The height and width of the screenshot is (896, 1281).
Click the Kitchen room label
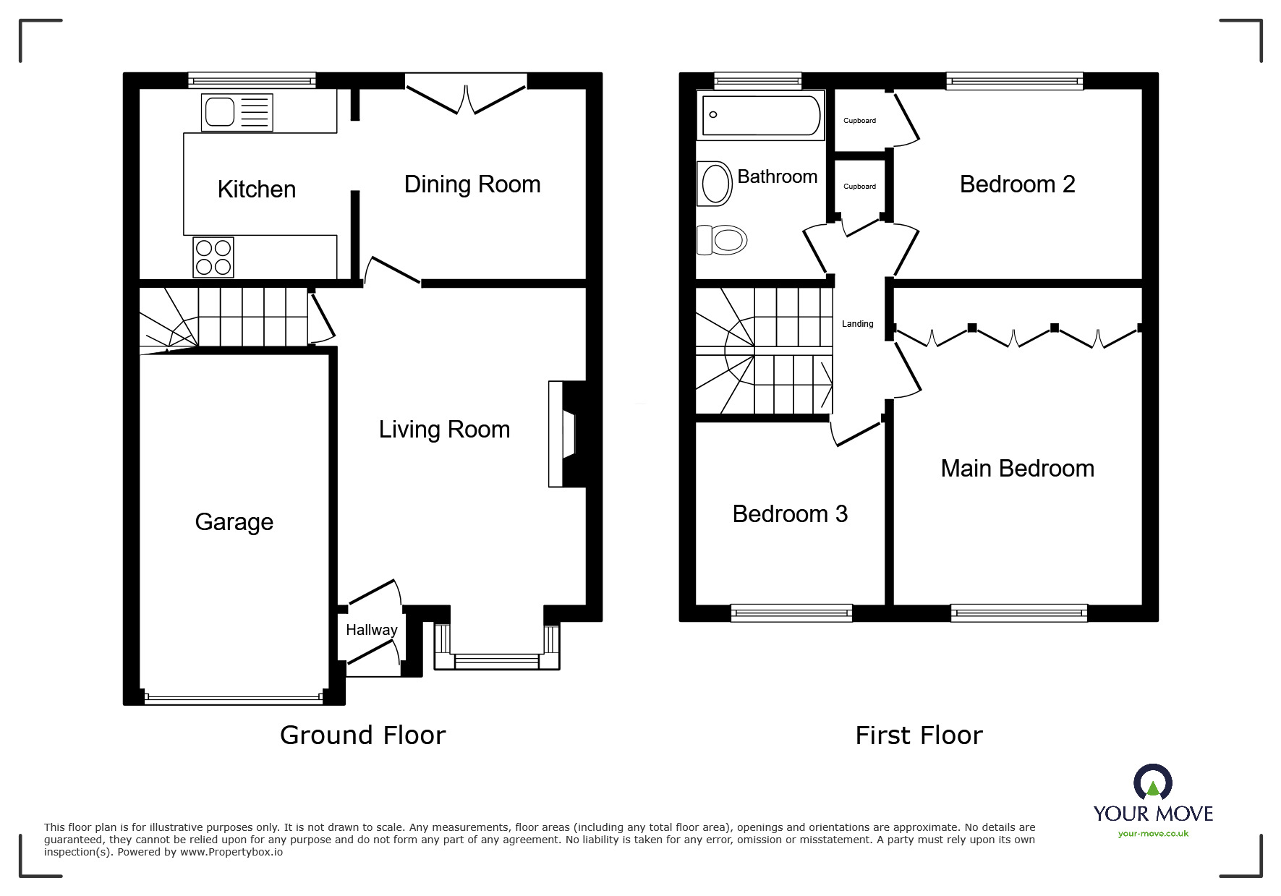(x=257, y=189)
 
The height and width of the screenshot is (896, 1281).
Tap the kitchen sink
(x=238, y=113)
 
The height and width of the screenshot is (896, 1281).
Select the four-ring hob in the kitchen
(x=213, y=257)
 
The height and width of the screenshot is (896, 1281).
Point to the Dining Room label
(x=472, y=184)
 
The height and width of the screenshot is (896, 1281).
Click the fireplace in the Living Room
(x=566, y=433)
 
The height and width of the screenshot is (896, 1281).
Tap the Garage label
(x=234, y=522)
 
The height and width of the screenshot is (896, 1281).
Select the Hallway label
(x=372, y=630)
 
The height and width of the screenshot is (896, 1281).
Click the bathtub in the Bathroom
(x=761, y=114)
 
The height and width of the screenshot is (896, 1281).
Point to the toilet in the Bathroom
(x=722, y=239)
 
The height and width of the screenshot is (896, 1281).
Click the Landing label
(x=858, y=324)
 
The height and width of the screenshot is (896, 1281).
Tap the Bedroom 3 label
(x=790, y=514)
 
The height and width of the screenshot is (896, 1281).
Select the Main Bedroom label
(x=1018, y=469)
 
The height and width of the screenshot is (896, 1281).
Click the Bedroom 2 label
(x=1018, y=184)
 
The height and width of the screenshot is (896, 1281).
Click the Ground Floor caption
(x=363, y=735)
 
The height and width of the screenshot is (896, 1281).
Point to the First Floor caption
(x=919, y=736)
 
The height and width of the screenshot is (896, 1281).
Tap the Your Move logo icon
(x=1153, y=782)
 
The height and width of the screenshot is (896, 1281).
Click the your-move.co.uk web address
(x=1154, y=834)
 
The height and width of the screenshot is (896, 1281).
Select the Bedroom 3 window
(x=792, y=613)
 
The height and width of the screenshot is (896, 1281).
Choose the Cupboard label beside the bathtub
(x=860, y=121)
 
